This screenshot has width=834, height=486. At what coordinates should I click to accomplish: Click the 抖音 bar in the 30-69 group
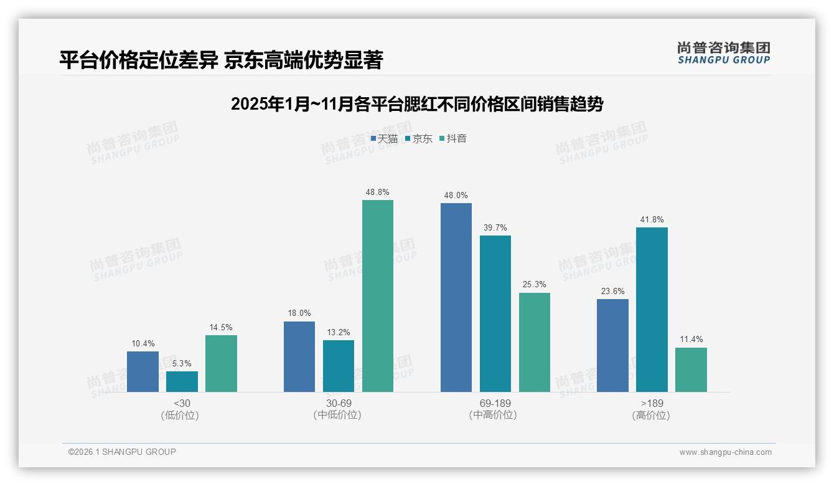point(378,296)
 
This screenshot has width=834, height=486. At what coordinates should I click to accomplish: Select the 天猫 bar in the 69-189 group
point(456,297)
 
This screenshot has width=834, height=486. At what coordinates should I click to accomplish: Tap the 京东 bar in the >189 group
point(652,310)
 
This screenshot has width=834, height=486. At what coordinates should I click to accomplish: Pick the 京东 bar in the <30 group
point(182,381)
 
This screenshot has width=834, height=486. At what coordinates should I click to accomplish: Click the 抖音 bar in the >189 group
point(691,369)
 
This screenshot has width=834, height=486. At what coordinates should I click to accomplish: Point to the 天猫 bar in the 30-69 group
point(299,356)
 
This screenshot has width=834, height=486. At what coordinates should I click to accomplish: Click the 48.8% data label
point(378,193)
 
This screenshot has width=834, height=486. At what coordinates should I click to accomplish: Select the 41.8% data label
point(652,220)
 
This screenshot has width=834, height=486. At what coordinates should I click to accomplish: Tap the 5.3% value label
point(182,363)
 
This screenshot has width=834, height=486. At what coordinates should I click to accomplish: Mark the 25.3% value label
point(535,285)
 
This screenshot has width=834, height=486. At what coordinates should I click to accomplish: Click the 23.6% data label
point(612,291)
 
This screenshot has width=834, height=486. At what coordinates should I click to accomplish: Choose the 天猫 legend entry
point(384,138)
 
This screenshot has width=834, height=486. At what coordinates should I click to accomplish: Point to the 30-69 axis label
point(338,404)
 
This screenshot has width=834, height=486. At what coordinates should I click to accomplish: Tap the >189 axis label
point(652,404)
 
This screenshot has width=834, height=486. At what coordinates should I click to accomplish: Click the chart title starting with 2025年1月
point(417,104)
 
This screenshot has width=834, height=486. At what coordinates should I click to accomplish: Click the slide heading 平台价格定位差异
point(221,60)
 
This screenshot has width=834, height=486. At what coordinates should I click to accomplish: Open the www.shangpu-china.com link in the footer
point(725,452)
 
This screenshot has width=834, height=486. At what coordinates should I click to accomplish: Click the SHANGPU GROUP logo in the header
point(723,53)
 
